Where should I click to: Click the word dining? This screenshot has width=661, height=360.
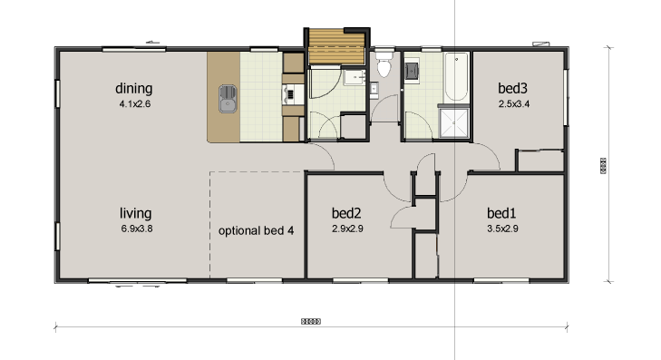133,89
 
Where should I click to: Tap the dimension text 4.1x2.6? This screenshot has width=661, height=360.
133,104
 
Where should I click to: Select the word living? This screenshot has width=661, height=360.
135,213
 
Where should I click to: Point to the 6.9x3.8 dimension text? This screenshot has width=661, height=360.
136,229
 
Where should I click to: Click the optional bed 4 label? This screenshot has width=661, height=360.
257,230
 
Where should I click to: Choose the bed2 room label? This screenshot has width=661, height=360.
347,213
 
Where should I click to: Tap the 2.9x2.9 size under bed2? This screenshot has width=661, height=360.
347,229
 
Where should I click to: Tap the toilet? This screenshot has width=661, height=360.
384,66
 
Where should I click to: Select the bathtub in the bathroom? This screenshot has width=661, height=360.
455,78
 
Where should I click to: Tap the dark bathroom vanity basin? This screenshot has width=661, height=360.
411,68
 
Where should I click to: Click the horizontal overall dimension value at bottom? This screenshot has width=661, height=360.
311,321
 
